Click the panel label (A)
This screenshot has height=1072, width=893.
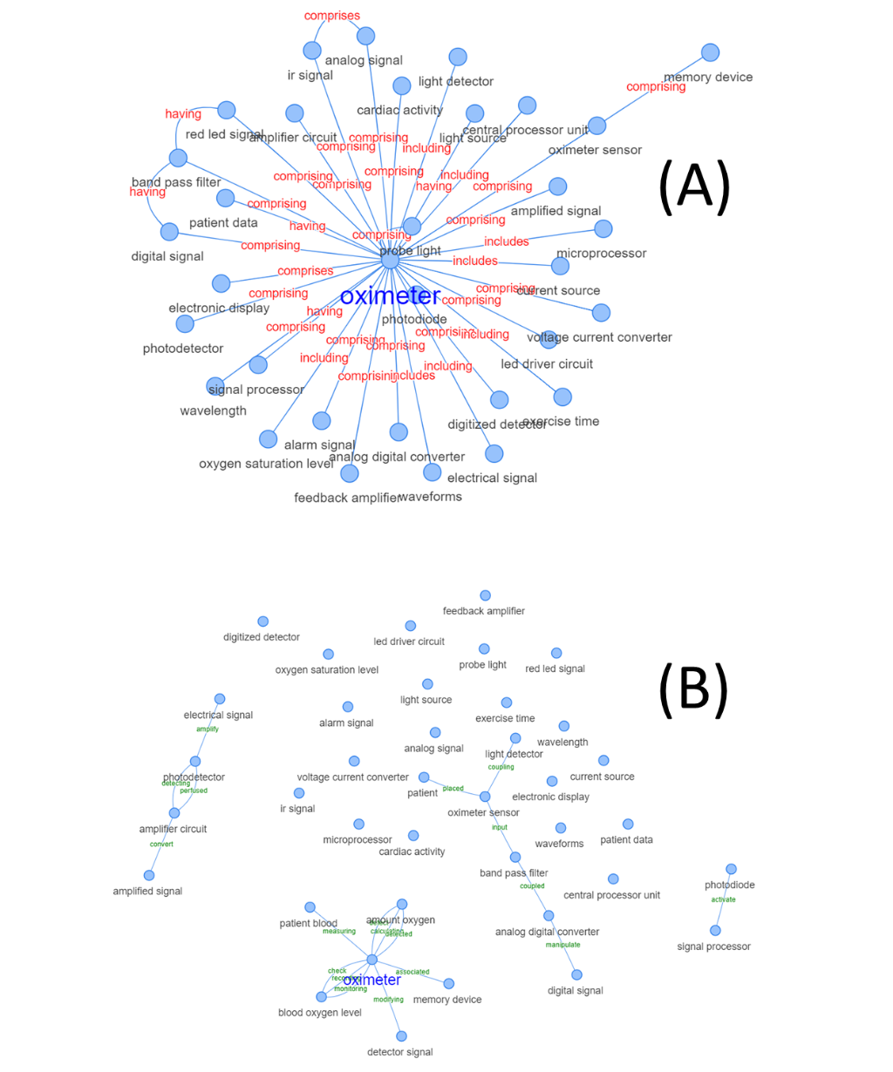(x=694, y=187)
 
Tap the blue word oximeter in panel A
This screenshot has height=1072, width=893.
(x=390, y=296)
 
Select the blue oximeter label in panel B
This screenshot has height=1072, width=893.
(x=372, y=980)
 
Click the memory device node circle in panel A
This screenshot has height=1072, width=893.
(x=711, y=52)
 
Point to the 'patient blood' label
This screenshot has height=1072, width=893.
(x=308, y=923)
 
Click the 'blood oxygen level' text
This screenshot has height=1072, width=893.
(x=319, y=1013)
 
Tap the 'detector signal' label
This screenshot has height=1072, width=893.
(x=399, y=1052)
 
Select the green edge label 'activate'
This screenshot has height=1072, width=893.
(x=723, y=899)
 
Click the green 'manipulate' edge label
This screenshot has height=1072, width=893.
(x=562, y=945)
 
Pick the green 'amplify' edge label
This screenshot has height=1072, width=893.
(x=208, y=729)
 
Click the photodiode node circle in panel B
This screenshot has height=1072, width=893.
(x=731, y=869)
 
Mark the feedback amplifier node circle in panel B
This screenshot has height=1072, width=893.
(x=485, y=596)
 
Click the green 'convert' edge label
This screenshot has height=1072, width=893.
(x=161, y=844)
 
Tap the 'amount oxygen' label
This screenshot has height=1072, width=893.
(x=400, y=919)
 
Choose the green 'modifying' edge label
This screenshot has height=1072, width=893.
(x=388, y=1000)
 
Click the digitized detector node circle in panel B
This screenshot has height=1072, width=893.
(x=262, y=621)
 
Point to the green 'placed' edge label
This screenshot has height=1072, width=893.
(x=453, y=789)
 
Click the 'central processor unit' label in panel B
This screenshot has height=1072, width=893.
(x=611, y=895)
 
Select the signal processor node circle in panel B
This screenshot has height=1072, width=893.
(x=715, y=931)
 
